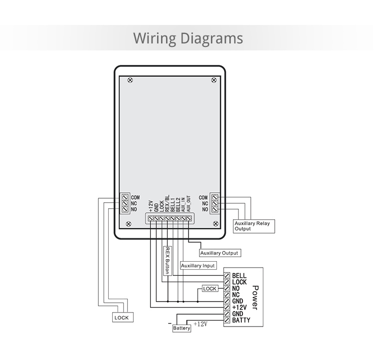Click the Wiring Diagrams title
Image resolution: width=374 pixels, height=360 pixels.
click(x=188, y=38)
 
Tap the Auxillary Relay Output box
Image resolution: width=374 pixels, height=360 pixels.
click(x=252, y=226)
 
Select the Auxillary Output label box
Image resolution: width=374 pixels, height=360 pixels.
click(x=219, y=253)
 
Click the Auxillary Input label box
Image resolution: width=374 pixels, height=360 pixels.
click(x=198, y=266)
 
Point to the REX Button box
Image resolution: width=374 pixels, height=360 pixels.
click(x=167, y=260)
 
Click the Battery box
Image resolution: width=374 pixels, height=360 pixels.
click(x=182, y=328)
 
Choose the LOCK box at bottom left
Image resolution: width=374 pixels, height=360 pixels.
click(x=121, y=318)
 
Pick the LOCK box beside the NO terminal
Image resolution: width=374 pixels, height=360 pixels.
click(x=210, y=289)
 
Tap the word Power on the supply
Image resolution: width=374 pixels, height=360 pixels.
click(x=255, y=298)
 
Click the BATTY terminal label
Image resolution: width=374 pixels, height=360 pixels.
click(x=241, y=320)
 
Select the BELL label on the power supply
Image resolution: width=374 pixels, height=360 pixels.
click(x=239, y=276)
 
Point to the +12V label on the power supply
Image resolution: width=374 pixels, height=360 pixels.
click(x=240, y=308)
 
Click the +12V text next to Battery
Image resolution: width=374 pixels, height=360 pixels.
click(x=200, y=324)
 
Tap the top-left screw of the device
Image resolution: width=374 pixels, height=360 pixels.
click(x=131, y=80)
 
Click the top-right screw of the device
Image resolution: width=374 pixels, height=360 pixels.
click(x=214, y=80)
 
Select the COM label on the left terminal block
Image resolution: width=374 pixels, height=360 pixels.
click(x=135, y=198)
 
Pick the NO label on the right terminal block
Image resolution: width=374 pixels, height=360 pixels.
click(x=204, y=209)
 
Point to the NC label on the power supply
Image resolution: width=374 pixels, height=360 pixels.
click(x=236, y=295)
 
